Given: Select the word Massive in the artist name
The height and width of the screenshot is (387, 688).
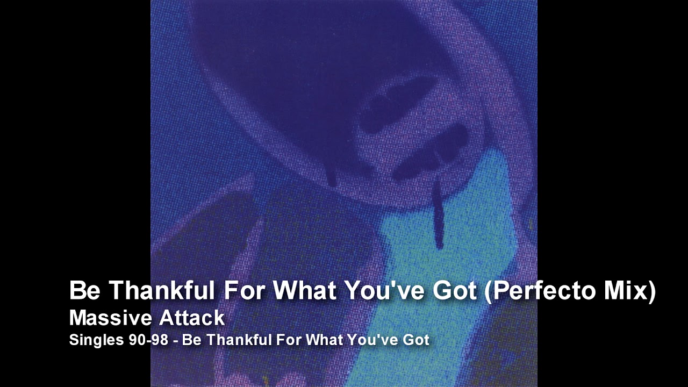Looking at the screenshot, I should (x=105, y=318).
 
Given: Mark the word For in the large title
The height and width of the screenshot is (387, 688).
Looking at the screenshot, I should (x=244, y=291).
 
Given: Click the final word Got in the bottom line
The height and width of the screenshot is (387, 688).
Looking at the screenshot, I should (x=418, y=340).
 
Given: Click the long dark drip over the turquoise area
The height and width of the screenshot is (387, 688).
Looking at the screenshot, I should (x=439, y=212).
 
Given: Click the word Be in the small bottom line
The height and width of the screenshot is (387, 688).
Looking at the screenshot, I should (x=191, y=340).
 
